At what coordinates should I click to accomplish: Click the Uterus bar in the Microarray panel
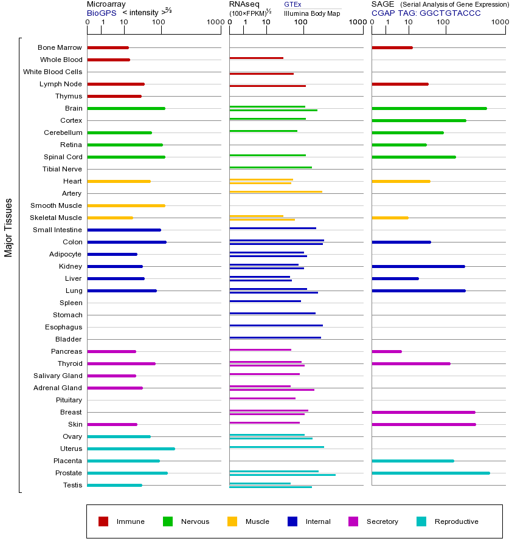pos(131,449)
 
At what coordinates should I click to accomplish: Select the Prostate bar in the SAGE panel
pos(431,473)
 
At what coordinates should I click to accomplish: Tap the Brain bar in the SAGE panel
pos(429,108)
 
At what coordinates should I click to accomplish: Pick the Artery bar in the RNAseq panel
pos(275,192)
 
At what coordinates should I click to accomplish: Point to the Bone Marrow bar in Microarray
pos(108,47)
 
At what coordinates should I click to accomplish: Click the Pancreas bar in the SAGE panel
pos(386,351)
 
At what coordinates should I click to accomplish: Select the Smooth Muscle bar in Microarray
pos(126,205)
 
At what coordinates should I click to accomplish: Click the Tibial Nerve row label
pos(62,169)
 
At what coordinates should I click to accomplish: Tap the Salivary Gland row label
pos(58,376)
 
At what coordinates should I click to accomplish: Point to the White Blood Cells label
pos(52,72)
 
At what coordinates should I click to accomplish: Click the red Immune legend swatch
pos(103,521)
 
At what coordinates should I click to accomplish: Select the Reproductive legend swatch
pos(421,521)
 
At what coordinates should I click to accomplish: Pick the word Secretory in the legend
pos(382,521)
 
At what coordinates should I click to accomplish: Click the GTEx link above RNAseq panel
pos(292,5)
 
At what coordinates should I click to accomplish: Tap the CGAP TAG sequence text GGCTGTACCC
pos(450,13)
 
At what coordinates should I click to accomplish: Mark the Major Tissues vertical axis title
pos(9,227)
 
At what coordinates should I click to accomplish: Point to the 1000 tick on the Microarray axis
pos(215,22)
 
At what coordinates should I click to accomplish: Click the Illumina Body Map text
pos(312,13)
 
